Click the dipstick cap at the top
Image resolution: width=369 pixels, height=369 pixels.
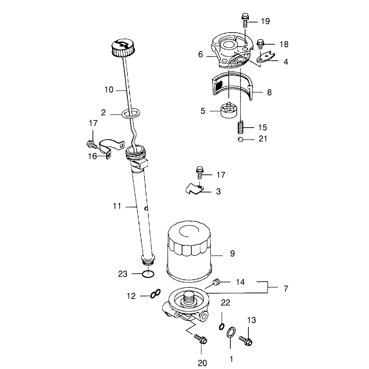(x=123, y=48)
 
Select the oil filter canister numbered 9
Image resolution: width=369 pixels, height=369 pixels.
(x=189, y=251)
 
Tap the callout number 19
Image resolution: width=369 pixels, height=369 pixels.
(x=265, y=21)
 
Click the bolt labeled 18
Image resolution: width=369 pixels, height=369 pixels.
(x=260, y=44)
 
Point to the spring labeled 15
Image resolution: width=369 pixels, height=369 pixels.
(x=240, y=128)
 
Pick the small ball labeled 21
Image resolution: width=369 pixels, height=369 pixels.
(x=240, y=140)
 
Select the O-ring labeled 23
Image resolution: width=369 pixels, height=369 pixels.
(x=149, y=274)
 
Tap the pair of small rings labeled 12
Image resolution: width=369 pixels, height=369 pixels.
(x=156, y=294)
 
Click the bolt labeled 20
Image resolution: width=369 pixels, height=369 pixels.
(x=201, y=339)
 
